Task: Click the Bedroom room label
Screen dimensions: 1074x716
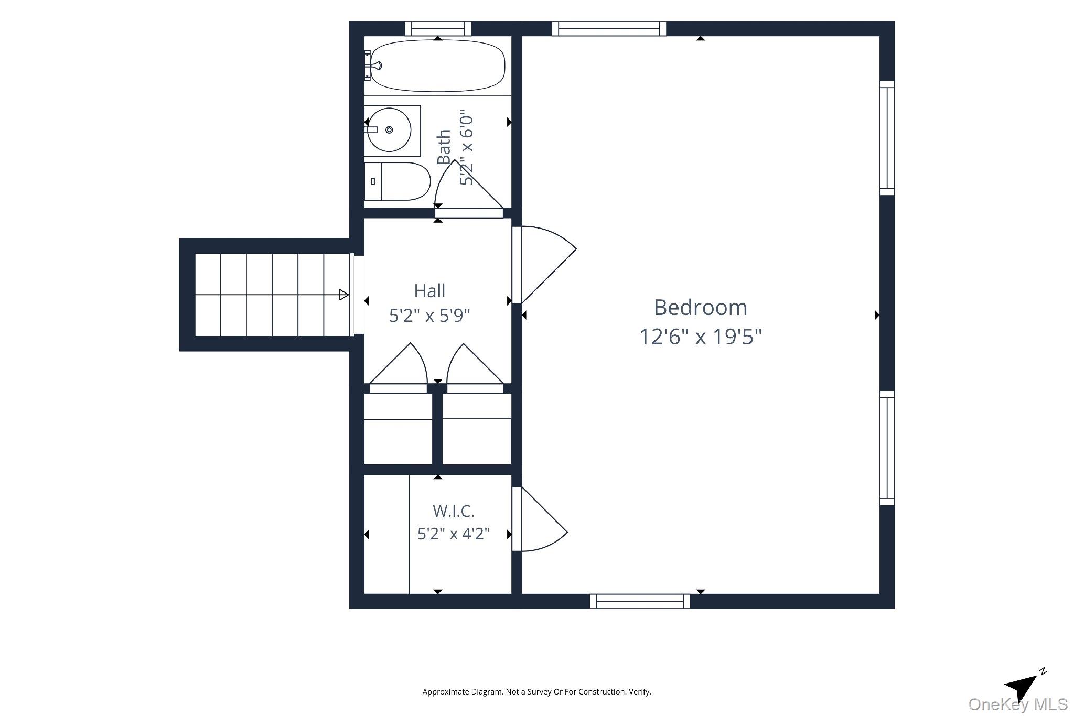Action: click(x=700, y=308)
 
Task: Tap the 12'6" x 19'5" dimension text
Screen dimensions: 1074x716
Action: click(x=700, y=336)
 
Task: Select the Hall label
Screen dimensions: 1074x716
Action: click(x=429, y=291)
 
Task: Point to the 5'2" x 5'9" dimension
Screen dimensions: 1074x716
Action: click(x=429, y=316)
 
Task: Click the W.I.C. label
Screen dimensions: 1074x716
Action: click(x=454, y=511)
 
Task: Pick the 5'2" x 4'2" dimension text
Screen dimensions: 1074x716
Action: click(x=454, y=534)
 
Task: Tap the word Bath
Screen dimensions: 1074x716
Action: click(x=444, y=147)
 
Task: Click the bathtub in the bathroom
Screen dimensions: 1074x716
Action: click(x=437, y=66)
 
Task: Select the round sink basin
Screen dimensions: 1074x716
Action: click(x=389, y=130)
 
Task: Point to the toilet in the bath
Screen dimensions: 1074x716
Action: click(x=397, y=181)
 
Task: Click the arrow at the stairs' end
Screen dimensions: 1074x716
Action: click(x=344, y=295)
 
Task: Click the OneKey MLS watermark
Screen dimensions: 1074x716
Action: click(x=1018, y=704)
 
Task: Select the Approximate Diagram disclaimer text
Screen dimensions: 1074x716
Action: click(x=536, y=692)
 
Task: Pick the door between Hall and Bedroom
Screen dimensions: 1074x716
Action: click(x=544, y=265)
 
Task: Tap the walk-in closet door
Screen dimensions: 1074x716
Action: click(x=540, y=519)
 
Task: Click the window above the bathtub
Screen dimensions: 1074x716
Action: click(x=438, y=28)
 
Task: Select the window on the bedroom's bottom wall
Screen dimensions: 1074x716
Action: click(x=640, y=601)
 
